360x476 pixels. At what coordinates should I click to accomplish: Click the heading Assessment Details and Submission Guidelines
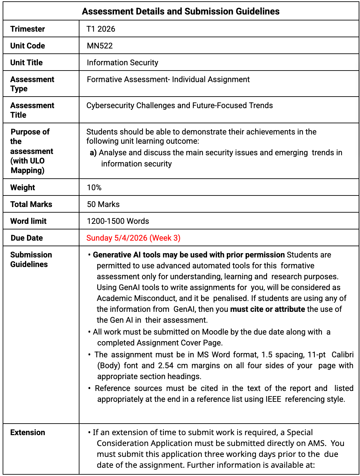pos(181,12)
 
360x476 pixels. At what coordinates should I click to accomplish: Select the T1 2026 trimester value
pos(101,29)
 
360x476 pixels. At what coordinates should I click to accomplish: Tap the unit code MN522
pos(100,46)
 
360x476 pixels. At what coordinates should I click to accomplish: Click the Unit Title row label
pos(26,63)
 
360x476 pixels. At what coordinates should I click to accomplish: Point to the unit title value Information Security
pos(122,63)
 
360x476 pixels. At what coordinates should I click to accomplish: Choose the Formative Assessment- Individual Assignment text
pos(168,79)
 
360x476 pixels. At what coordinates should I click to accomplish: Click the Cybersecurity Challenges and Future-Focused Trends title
pos(179,105)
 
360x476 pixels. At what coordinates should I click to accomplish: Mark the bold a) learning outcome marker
pos(93,153)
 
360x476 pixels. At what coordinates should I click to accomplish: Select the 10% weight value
pos(94,188)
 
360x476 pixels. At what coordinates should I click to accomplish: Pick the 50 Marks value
pos(103,204)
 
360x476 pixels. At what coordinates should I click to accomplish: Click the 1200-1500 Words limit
pos(118,221)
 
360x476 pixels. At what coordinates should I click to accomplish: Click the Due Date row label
pos(27,238)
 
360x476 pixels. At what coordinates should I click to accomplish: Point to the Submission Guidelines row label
pos(31,259)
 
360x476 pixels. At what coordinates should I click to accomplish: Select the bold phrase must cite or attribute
pos(267,309)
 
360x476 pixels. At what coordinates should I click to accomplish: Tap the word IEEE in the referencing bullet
pos(273,399)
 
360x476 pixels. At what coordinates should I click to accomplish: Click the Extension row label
pos(28,432)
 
